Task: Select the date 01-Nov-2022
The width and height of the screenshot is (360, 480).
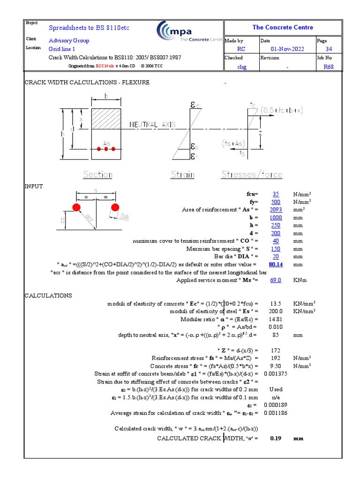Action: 287,49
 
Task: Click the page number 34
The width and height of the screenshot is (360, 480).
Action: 329,49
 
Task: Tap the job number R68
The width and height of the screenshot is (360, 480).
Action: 329,67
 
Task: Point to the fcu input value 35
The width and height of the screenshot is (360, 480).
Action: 276,194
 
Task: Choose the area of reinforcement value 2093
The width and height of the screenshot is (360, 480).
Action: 276,210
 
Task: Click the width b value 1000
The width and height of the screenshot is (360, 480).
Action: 276,217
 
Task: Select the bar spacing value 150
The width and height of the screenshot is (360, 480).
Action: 276,249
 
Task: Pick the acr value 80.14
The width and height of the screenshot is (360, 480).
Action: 276,264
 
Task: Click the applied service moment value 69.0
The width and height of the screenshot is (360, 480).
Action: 276,280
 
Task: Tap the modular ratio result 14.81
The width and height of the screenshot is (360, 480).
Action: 276,319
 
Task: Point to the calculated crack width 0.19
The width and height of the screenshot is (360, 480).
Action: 276,438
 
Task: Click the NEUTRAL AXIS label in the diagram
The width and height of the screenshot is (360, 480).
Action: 152,125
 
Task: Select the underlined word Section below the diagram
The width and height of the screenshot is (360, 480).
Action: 97,175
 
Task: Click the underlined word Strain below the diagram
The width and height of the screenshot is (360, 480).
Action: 182,175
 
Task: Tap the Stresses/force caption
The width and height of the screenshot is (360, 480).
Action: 252,175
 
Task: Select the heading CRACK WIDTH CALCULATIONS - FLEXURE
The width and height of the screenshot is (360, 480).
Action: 87,82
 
